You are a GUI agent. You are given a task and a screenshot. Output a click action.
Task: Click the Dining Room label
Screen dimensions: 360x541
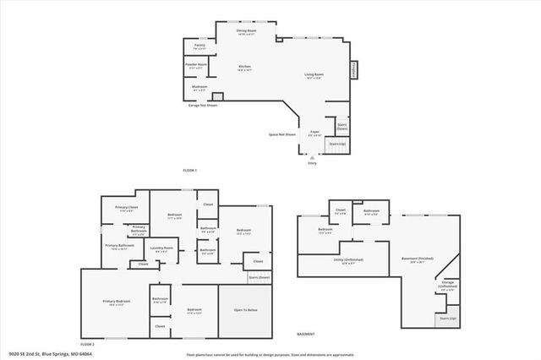point(246,31)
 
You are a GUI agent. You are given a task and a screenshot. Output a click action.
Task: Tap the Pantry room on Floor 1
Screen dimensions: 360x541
point(199,46)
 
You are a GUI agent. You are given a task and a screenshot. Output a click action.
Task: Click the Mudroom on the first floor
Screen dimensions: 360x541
point(199,87)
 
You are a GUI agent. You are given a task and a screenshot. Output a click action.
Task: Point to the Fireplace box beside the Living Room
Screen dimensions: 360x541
point(355,68)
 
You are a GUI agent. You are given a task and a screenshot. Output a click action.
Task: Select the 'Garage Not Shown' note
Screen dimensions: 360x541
point(203,105)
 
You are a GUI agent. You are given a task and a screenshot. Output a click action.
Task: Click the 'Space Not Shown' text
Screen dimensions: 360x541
point(282,134)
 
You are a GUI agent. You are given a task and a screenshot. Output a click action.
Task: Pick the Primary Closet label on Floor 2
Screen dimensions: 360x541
point(127,208)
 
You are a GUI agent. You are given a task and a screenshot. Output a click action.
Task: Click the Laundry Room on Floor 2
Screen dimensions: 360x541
point(162,248)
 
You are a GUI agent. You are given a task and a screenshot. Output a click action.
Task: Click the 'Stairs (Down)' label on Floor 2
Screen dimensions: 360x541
point(260,276)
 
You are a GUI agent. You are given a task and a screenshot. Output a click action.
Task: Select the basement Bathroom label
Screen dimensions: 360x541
point(370,211)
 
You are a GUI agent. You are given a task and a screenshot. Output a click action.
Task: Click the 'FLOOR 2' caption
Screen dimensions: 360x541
point(87,345)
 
